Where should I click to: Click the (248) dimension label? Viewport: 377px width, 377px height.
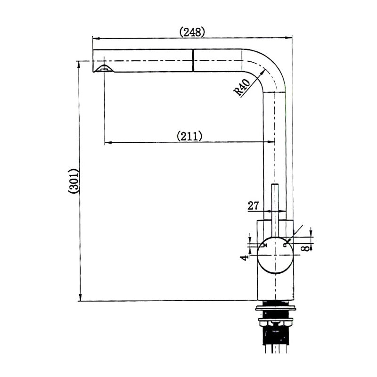pos(192,32)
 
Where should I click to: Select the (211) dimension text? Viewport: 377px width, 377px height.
pos(189,136)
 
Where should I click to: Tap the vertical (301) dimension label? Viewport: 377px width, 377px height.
pos(74,181)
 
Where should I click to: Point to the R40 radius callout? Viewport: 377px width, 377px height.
pos(242,88)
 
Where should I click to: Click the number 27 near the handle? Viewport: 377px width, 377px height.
pos(254,205)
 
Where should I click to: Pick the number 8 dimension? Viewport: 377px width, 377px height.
pos(306,248)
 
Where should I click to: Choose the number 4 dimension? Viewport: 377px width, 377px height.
pos(244,258)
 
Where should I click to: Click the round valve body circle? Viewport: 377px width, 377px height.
pos(276,255)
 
